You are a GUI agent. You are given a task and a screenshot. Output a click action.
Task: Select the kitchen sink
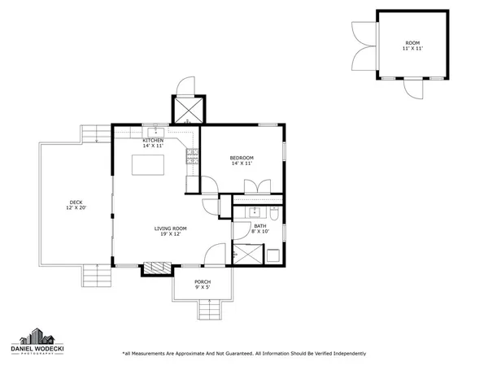pyautogui.click(x=155, y=131)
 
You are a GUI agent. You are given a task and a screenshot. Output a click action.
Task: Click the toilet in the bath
pyautogui.click(x=275, y=216)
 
